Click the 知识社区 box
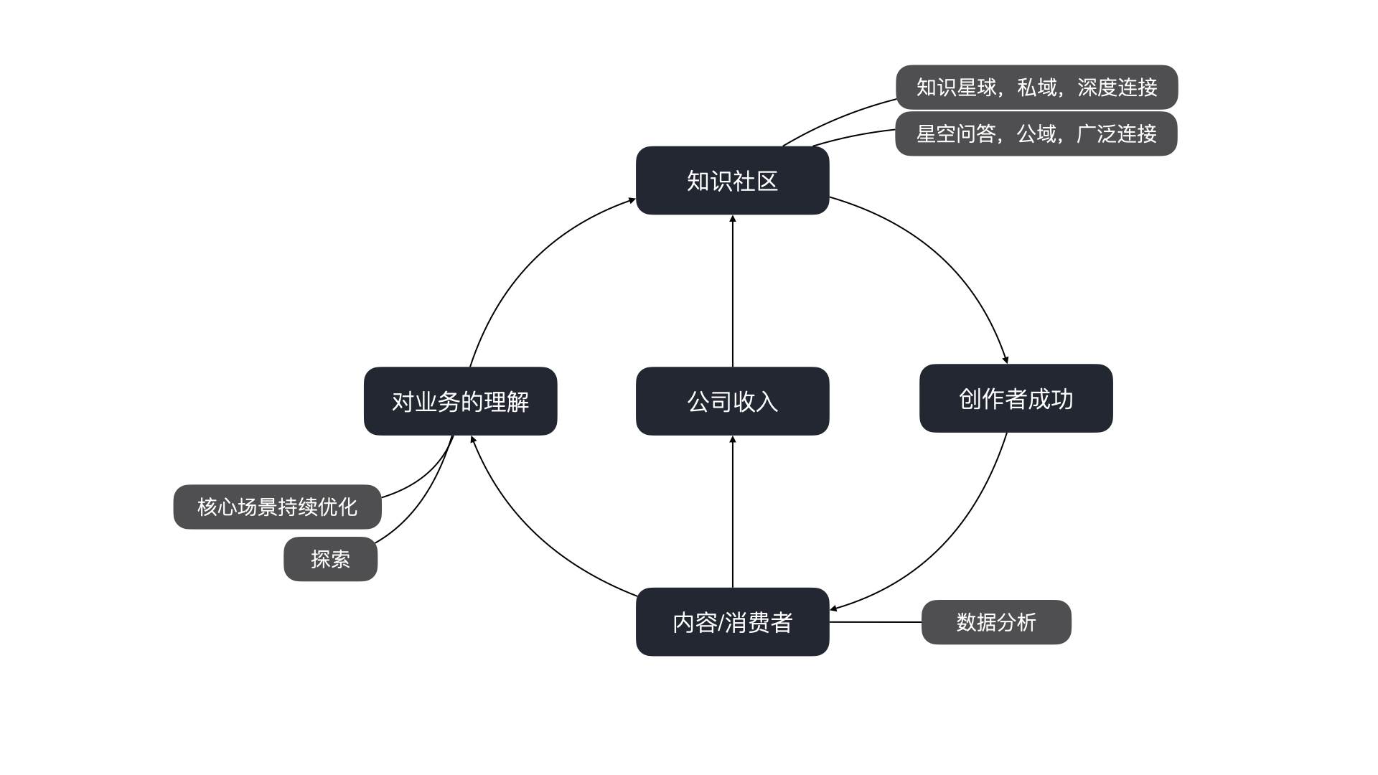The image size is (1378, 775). [x=732, y=181]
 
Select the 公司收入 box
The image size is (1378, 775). [x=732, y=401]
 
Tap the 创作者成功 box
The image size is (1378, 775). [x=1016, y=398]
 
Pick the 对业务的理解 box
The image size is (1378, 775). [x=460, y=401]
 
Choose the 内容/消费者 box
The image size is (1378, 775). [x=732, y=621]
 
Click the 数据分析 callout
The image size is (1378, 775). [x=995, y=622]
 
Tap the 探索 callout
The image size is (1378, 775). [x=330, y=559]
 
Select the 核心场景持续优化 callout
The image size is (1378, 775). [x=277, y=507]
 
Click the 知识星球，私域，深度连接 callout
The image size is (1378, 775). [x=1036, y=87]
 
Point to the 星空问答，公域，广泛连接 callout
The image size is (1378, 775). [x=1036, y=133]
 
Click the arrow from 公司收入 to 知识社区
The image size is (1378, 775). [x=732, y=291]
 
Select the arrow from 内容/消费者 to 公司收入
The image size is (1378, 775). [x=732, y=511]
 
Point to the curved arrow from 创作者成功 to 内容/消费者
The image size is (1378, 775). [x=947, y=545]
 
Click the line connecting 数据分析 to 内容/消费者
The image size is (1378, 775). [x=876, y=622]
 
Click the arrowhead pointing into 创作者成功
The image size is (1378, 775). [x=1006, y=360]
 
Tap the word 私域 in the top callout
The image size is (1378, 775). [x=1037, y=87]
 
